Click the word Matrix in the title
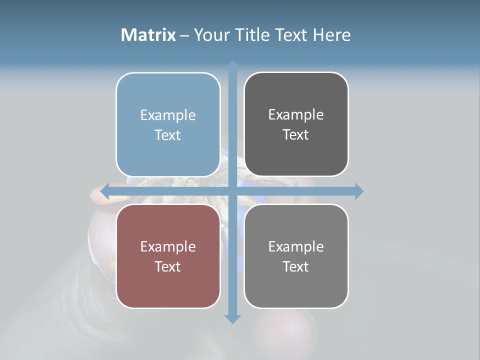pyautogui.click(x=148, y=35)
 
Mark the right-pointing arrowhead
pyautogui.click(x=359, y=191)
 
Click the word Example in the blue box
pyautogui.click(x=168, y=115)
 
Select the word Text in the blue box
pyautogui.click(x=168, y=135)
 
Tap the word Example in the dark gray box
pyautogui.click(x=296, y=114)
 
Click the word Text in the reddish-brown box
pyautogui.click(x=168, y=266)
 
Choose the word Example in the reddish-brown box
pyautogui.click(x=168, y=246)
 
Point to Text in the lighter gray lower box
pyautogui.click(x=296, y=266)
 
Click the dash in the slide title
pyautogui.click(x=184, y=35)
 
